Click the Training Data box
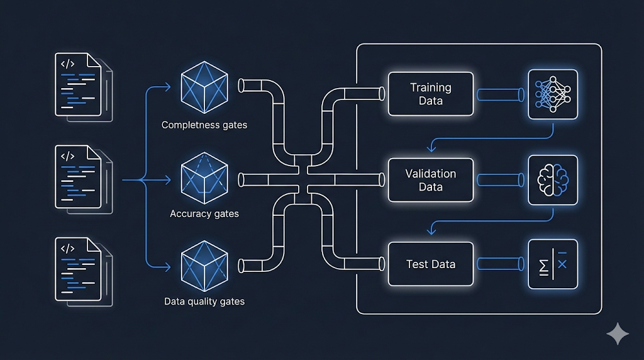pos(431,94)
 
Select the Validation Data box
pos(431,180)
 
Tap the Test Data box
pos(431,264)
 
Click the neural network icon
pos(553,94)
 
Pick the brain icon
pos(553,180)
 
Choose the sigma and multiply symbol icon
pos(553,264)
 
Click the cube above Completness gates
pos(204,86)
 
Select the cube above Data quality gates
pos(204,264)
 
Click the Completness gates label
pos(204,125)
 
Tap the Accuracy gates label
pos(204,214)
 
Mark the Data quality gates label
pos(204,301)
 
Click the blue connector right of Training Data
pos(501,94)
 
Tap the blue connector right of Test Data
pos(501,264)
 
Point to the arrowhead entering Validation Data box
pos(431,149)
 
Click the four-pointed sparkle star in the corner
pos(618,334)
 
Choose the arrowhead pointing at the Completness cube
pos(167,86)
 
